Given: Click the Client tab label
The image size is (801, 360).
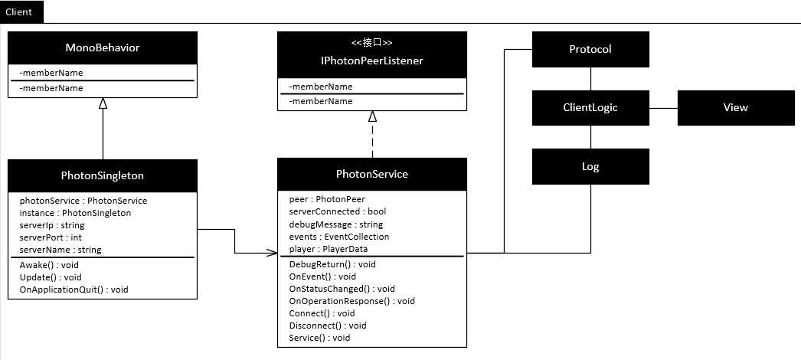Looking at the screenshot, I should (x=19, y=13).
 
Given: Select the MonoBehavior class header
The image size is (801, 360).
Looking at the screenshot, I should (x=103, y=48).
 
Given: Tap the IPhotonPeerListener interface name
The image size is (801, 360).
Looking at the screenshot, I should (x=372, y=61).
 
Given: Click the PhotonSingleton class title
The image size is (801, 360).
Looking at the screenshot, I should (x=103, y=175).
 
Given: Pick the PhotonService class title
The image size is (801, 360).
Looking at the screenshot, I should (x=372, y=174).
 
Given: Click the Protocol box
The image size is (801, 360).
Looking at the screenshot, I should (x=590, y=50).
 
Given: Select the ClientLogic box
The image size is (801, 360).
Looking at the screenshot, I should (x=590, y=108).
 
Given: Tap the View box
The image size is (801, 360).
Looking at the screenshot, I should (x=735, y=108).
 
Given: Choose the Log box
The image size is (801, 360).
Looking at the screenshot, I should (x=590, y=166).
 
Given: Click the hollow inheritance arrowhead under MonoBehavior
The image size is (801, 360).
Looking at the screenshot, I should (x=103, y=103).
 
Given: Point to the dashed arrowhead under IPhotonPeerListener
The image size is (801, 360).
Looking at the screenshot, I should (x=372, y=116).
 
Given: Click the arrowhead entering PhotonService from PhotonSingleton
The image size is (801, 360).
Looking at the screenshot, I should (x=271, y=252).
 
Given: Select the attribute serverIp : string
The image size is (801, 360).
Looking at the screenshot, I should (x=52, y=225).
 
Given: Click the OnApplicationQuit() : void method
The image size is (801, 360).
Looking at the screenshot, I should (x=74, y=290).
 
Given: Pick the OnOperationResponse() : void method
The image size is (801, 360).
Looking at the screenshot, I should (x=352, y=301).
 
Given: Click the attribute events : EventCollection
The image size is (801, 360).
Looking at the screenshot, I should (x=339, y=237).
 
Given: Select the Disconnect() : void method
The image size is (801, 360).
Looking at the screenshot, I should (x=328, y=326).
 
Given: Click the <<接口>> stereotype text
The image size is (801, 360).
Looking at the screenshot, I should (x=372, y=43).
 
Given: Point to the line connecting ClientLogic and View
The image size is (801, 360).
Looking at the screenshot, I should (x=663, y=108).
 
